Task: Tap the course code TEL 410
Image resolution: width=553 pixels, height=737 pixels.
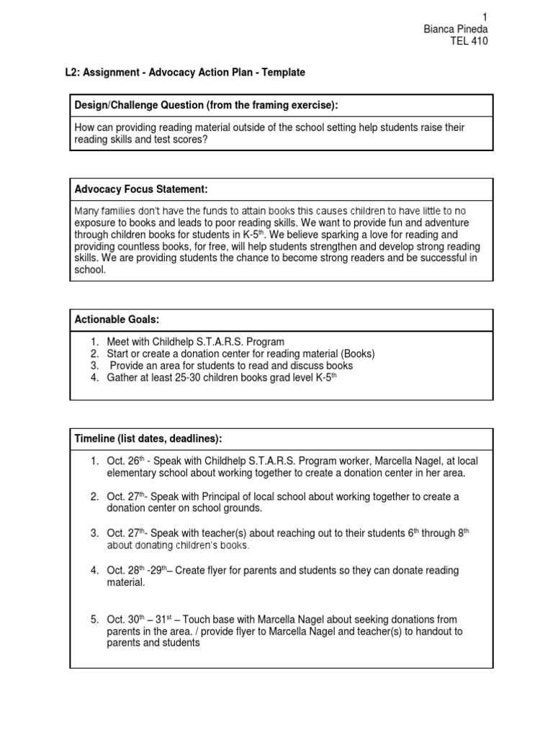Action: tap(469, 41)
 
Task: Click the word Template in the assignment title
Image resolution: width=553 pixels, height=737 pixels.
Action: tap(284, 73)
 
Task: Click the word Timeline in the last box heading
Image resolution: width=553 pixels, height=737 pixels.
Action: tap(96, 440)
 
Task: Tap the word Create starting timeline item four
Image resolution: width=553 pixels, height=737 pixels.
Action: tap(187, 571)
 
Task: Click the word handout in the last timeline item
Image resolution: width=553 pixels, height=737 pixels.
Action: tap(410, 631)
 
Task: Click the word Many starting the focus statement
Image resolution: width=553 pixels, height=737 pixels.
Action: tap(88, 211)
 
